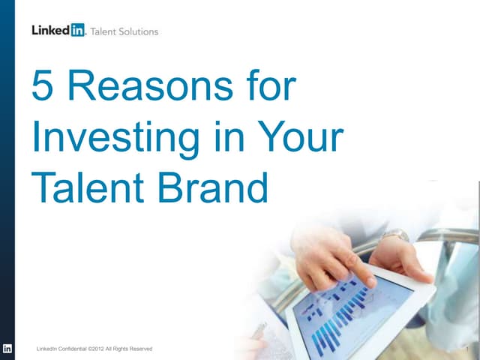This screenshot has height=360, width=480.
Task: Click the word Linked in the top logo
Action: pos(50,31)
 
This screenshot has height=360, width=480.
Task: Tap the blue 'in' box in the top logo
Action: pos(77,31)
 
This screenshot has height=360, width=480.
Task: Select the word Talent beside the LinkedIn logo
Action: pos(105,31)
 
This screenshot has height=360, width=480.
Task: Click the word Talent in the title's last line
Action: pos(83,188)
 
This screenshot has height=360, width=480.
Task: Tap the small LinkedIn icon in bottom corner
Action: pos(7,349)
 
